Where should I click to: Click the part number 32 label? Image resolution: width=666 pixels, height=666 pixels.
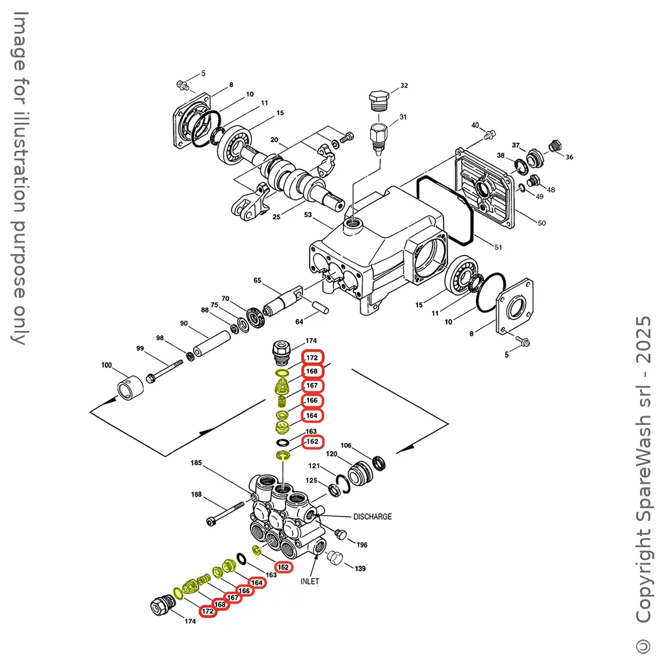point(404,86)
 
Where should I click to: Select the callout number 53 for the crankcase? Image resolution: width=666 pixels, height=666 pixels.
point(308,214)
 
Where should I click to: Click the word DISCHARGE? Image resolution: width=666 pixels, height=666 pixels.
point(373,516)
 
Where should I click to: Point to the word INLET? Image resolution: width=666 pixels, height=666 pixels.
point(310,581)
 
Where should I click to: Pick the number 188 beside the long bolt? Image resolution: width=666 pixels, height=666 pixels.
point(197,495)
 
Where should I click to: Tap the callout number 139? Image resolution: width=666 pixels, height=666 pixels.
point(360,568)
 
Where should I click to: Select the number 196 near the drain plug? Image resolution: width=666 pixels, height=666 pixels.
point(362,544)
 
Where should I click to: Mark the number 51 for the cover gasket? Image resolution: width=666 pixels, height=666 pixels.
point(499,247)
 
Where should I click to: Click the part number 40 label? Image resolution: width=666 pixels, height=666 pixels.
point(475,125)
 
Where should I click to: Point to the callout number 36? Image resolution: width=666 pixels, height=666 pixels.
point(570,157)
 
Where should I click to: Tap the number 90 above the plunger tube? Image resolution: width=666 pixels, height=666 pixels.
point(184,324)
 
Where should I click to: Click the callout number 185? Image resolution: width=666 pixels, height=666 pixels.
point(196,463)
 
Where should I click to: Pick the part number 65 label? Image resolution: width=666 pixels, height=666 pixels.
point(258,280)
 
